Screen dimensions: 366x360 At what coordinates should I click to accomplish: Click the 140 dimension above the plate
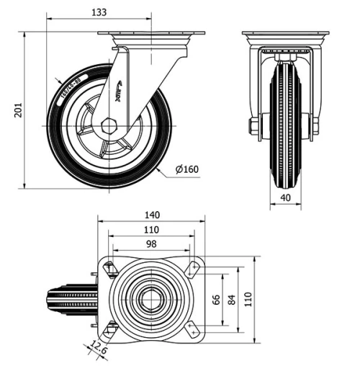[150, 215]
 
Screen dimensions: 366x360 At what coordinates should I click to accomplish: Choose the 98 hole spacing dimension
[150, 244]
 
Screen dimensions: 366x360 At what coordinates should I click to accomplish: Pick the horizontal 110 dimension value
[150, 230]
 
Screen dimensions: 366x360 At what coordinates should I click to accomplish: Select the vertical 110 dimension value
[248, 299]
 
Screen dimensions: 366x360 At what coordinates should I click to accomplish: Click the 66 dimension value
[215, 299]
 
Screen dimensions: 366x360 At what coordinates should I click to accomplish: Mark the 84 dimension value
[232, 299]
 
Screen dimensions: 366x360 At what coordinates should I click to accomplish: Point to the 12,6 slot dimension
[99, 351]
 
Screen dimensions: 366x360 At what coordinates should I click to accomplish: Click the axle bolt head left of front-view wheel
[253, 127]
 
